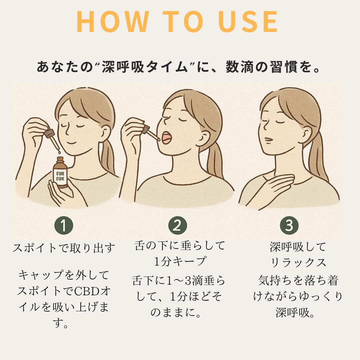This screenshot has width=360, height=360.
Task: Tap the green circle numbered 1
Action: pyautogui.click(x=63, y=226)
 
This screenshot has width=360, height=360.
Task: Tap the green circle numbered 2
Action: pyautogui.click(x=177, y=226)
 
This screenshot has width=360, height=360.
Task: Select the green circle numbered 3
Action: pyautogui.click(x=289, y=226)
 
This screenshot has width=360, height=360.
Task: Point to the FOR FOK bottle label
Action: pyautogui.click(x=60, y=176)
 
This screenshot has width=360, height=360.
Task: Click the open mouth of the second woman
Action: pyautogui.click(x=166, y=137)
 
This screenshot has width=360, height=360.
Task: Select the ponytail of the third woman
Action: pyautogui.click(x=317, y=157)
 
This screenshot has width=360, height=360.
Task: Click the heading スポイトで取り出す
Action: pyautogui.click(x=64, y=248)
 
